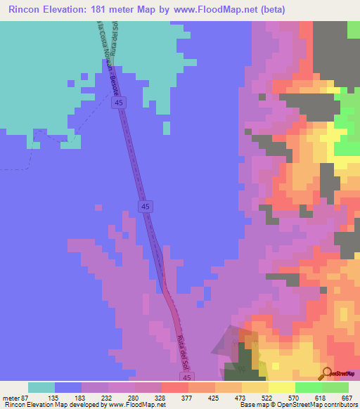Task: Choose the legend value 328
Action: [162, 396]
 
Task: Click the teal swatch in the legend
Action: [41, 387]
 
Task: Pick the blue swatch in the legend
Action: [68, 387]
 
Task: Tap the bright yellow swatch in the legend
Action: [282, 387]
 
